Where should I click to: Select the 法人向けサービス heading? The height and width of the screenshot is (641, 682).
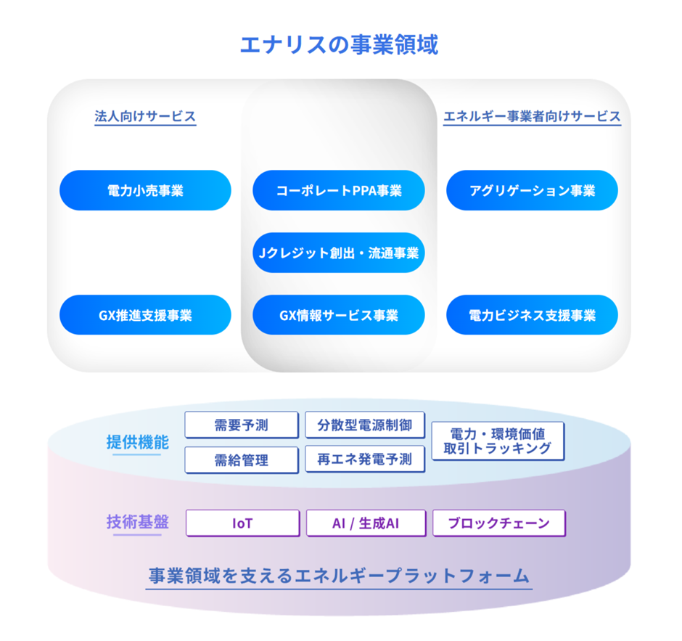coord(145,116)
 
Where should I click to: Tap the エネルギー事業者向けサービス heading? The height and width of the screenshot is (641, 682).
coord(532,116)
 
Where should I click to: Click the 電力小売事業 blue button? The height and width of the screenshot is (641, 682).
coord(145,191)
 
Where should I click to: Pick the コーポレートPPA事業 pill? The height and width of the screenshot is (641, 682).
coord(339,191)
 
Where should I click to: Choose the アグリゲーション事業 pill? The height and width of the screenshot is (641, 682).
coord(532,191)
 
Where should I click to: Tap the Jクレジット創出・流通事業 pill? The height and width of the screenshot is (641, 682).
coord(339,253)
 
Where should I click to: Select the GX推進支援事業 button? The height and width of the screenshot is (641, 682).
coord(145,315)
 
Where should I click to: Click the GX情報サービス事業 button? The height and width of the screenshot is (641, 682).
coord(339,315)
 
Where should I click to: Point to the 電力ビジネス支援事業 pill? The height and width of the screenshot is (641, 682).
coord(532,315)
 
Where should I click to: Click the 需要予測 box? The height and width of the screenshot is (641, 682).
coord(242,425)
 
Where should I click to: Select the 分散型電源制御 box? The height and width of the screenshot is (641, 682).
coord(364,425)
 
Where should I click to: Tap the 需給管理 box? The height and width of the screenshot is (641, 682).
coord(242,460)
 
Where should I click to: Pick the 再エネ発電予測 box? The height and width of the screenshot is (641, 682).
coord(364,460)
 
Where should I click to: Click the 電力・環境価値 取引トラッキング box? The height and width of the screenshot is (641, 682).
coord(498,441)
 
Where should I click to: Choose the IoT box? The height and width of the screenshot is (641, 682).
coord(242,523)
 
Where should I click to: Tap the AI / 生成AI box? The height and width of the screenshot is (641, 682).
coord(365,523)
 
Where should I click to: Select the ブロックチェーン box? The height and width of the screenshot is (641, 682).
coord(498,523)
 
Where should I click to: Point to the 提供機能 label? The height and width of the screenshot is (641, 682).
coord(137,442)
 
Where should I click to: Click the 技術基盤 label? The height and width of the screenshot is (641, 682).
coord(137,522)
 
